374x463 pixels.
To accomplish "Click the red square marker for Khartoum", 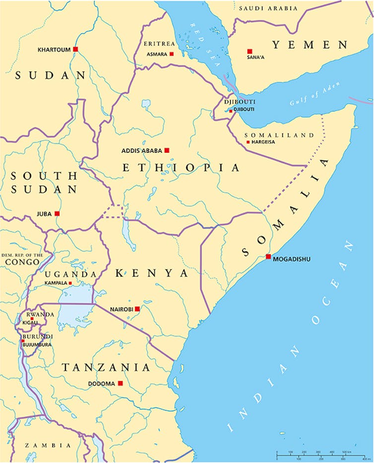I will [x=75, y=49].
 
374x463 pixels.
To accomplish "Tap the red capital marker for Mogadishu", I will [x=268, y=257].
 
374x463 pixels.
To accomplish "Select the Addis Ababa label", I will [x=142, y=150].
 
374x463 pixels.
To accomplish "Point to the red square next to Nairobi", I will [x=137, y=309].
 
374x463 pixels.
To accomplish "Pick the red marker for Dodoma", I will [x=120, y=383].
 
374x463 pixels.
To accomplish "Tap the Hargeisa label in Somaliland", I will [x=263, y=142].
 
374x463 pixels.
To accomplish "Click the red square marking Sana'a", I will [x=250, y=52].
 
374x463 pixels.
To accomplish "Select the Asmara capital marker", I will [x=172, y=54].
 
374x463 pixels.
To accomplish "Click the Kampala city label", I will [x=55, y=283].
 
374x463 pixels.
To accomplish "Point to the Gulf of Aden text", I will [x=316, y=94].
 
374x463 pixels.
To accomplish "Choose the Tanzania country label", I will [x=106, y=367].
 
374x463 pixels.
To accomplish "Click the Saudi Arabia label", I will [x=268, y=8].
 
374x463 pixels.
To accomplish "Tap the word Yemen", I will [x=310, y=45].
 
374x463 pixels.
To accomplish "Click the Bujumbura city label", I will [x=37, y=345].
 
